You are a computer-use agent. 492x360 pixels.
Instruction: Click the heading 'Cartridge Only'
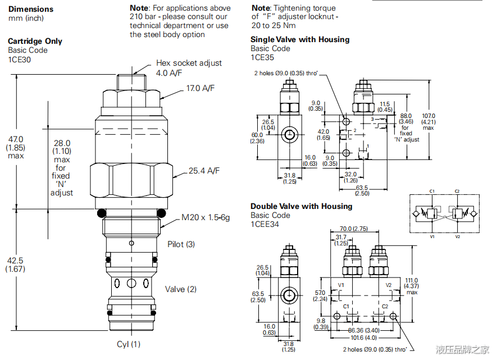pos(35,41)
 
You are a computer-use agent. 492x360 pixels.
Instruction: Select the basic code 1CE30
pos(20,60)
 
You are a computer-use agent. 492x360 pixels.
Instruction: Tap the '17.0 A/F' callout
pos(201,88)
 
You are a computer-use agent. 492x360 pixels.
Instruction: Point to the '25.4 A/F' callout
pos(204,171)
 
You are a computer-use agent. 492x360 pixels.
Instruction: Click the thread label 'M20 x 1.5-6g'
pos(206,217)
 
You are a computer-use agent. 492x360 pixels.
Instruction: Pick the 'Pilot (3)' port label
pos(181,244)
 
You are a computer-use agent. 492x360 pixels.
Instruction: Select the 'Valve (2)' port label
pos(181,289)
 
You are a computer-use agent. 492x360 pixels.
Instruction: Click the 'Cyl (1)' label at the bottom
pos(129,344)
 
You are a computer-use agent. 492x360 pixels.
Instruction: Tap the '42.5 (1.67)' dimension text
pos(15,265)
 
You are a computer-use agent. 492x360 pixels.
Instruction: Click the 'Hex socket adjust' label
pos(189,63)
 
